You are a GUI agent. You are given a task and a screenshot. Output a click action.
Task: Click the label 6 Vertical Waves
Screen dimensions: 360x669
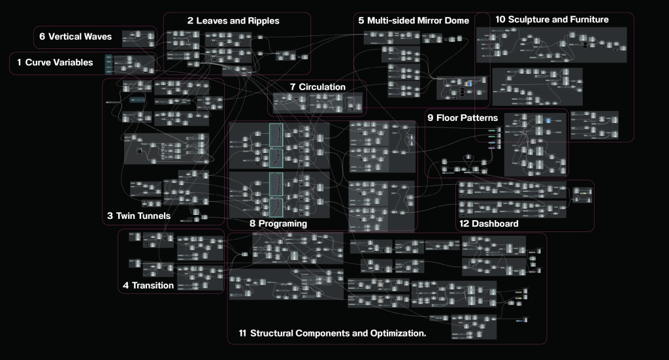click(x=75, y=37)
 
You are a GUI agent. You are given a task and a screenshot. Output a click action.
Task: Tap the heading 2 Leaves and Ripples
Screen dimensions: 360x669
click(x=233, y=21)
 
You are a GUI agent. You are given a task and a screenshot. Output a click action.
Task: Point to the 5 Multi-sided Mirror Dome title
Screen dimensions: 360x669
click(x=414, y=21)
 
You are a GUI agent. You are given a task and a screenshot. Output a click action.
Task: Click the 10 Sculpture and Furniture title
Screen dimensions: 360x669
click(x=552, y=20)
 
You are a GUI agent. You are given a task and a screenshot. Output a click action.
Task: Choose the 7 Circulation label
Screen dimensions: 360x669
click(x=318, y=87)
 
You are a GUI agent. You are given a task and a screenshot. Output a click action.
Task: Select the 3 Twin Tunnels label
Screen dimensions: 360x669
click(x=139, y=216)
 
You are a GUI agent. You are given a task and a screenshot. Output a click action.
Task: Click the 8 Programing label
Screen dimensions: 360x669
click(x=278, y=223)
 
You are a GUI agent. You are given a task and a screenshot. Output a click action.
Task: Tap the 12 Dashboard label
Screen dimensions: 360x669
click(x=489, y=223)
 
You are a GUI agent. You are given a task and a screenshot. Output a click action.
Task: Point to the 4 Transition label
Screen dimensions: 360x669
click(x=148, y=285)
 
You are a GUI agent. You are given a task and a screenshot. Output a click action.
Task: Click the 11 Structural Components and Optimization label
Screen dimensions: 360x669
click(x=333, y=334)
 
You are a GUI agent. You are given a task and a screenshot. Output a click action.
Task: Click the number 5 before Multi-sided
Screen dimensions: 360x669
click(x=361, y=21)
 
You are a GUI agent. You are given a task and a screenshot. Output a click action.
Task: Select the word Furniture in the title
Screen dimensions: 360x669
click(x=586, y=20)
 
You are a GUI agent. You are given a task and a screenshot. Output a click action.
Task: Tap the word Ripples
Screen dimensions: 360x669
click(x=261, y=21)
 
